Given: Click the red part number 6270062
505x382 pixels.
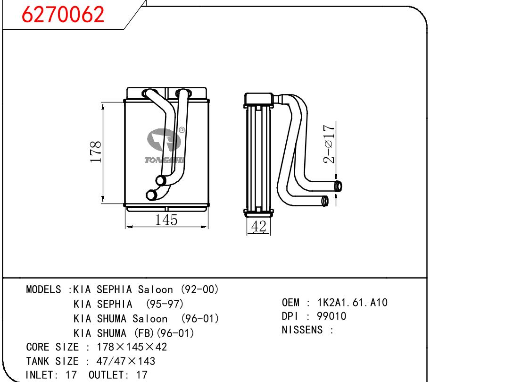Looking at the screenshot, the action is coord(63,14).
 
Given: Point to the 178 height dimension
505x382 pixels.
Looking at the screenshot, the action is coord(96,152).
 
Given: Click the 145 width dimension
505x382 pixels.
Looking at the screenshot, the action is coord(166,220).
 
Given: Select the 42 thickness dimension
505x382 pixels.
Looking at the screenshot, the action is coord(258,226).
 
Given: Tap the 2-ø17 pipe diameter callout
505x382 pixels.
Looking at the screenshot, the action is coord(329,144).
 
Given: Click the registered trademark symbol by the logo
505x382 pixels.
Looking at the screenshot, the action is coord(182,130).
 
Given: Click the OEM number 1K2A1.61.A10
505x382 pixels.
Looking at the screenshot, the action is coord(352,302).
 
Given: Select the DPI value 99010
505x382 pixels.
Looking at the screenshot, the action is coord(331,316).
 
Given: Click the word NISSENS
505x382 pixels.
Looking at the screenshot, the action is coord(302,330).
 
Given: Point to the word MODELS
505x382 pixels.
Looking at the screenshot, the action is coord(43,289).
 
